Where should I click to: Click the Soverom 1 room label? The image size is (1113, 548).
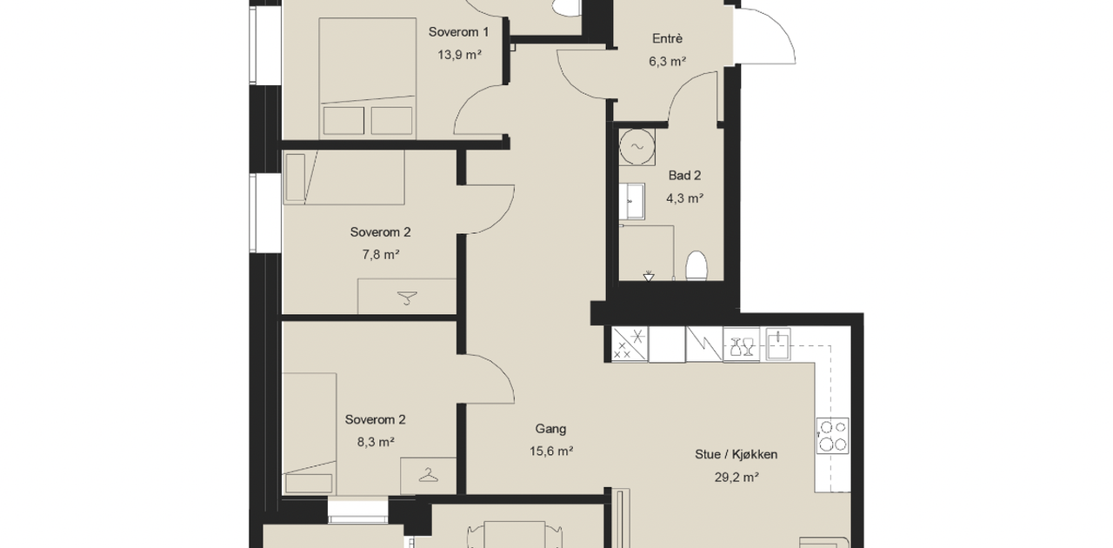[458, 32]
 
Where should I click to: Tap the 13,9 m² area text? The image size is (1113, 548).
[460, 55]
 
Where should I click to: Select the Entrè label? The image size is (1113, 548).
[667, 38]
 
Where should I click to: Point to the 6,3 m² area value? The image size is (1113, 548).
[667, 61]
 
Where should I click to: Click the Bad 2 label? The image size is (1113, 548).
[684, 176]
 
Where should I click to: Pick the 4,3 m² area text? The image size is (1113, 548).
[684, 198]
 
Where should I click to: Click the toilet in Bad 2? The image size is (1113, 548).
[696, 265]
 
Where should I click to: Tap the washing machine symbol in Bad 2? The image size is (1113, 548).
[637, 147]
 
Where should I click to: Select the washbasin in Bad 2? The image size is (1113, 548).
[632, 202]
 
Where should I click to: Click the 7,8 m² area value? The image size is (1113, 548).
[381, 255]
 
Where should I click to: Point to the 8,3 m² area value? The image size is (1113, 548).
[376, 442]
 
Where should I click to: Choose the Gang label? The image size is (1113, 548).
[550, 429]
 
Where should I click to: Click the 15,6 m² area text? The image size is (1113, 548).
[551, 451]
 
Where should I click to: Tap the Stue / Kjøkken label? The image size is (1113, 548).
[736, 455]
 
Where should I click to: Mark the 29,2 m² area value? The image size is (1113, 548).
[736, 478]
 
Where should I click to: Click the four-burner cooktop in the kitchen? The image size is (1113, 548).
[833, 436]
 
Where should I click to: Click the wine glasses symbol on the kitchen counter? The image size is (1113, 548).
[742, 346]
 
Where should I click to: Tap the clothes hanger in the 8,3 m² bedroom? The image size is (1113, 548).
[429, 475]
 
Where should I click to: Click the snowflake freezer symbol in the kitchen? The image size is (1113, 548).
[630, 344]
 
